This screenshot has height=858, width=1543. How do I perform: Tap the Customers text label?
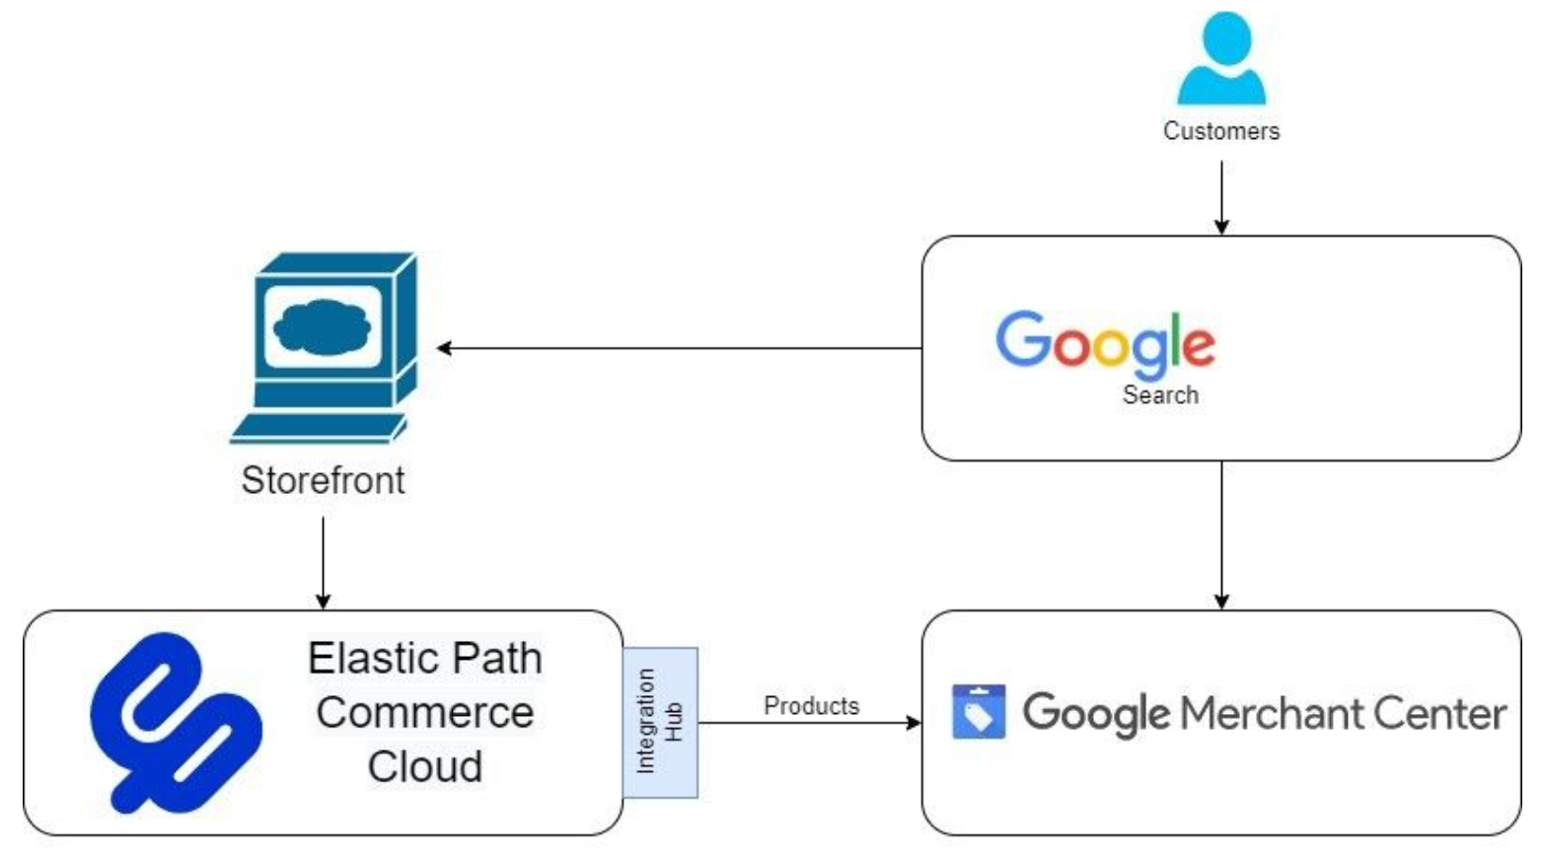click(x=1221, y=131)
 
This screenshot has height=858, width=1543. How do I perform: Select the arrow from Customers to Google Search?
click(x=1221, y=196)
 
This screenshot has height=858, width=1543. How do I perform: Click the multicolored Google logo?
click(x=1105, y=342)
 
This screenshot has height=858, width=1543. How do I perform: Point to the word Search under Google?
click(x=1160, y=395)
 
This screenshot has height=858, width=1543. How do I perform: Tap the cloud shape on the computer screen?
click(x=322, y=326)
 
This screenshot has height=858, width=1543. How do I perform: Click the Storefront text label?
click(x=323, y=480)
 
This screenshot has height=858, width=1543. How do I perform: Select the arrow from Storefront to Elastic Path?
click(x=323, y=561)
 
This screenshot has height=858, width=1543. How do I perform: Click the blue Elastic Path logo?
click(x=175, y=722)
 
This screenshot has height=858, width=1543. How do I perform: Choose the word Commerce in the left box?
click(x=424, y=713)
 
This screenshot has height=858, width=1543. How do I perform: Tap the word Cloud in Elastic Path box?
click(x=424, y=767)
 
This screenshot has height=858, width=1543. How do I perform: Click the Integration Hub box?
click(x=660, y=722)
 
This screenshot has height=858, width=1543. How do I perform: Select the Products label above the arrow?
click(x=811, y=706)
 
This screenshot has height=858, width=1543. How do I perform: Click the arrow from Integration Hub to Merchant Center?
click(x=809, y=723)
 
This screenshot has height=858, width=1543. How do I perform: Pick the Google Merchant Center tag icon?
click(x=978, y=712)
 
